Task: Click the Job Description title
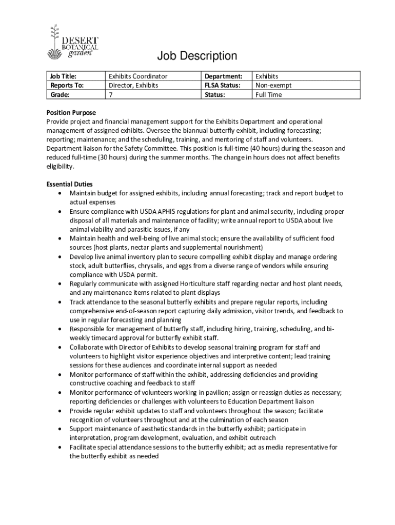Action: (x=197, y=56)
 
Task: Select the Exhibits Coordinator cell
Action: (x=138, y=76)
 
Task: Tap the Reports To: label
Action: (x=65, y=86)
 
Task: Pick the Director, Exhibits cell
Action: (x=133, y=86)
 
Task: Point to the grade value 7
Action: (x=110, y=95)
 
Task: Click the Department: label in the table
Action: (x=224, y=76)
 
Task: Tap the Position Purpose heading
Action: (x=71, y=113)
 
